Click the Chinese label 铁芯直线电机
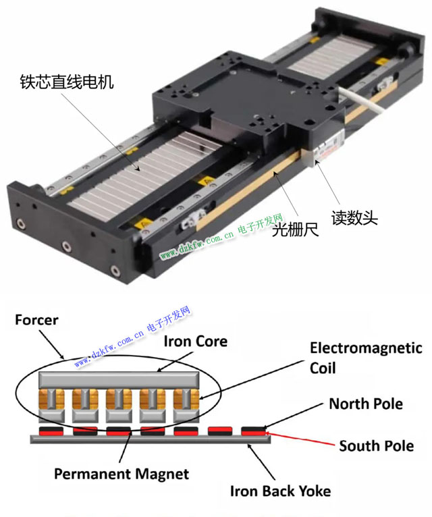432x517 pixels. tap(67, 82)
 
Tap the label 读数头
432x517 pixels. tap(354, 217)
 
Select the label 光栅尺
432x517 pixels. tap(295, 229)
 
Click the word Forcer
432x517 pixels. tap(36, 320)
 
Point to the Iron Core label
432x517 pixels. tap(196, 342)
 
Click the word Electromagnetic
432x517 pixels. tap(366, 348)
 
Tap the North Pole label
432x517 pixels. tap(366, 404)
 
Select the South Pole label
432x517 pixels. tap(377, 445)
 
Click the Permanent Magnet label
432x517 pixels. tap(122, 474)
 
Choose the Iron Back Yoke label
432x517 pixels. tap(281, 491)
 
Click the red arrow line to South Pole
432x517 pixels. tap(300, 438)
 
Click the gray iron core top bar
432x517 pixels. tap(119, 379)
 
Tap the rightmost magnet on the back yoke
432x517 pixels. tap(253, 431)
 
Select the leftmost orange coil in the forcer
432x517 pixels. tap(51, 399)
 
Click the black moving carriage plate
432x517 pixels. tap(247, 96)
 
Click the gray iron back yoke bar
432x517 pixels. tap(151, 439)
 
